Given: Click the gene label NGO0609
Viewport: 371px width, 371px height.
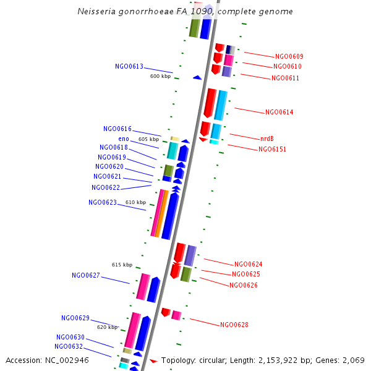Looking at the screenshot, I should [x=289, y=57].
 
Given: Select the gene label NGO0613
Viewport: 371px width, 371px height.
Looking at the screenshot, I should [x=129, y=67].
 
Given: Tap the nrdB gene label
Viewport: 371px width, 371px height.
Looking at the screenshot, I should [x=267, y=139].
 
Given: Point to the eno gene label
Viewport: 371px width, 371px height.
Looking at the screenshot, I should [x=124, y=139].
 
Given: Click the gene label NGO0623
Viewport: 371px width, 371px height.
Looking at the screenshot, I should [x=103, y=203].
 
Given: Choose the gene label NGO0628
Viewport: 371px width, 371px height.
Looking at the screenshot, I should [x=234, y=325].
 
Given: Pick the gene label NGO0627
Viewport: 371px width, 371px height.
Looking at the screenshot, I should [x=86, y=276].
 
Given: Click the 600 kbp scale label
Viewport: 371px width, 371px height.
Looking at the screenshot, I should [x=160, y=77].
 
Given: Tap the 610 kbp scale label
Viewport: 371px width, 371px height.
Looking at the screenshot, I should [x=135, y=203].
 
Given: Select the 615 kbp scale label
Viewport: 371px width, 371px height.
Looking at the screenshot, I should [x=122, y=265].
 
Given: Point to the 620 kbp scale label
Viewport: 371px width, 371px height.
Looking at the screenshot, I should [x=107, y=327].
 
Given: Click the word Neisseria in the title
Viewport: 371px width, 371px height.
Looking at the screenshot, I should [x=97, y=12].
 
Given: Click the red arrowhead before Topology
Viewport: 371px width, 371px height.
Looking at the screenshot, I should [x=153, y=360].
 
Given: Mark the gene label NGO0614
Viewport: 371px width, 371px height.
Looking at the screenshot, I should [x=279, y=113].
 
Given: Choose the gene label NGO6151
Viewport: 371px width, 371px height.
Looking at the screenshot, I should [x=272, y=150].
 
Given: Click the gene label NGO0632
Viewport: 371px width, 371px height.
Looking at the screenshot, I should [x=69, y=347].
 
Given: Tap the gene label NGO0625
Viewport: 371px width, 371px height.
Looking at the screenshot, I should [x=245, y=275].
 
